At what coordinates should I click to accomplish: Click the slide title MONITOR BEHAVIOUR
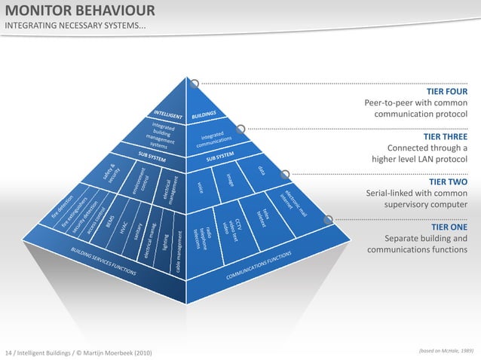[x=81, y=11]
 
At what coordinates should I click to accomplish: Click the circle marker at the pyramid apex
[x=195, y=84]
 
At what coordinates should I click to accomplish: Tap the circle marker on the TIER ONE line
[x=328, y=219]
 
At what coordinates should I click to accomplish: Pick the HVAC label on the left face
[x=124, y=229]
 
